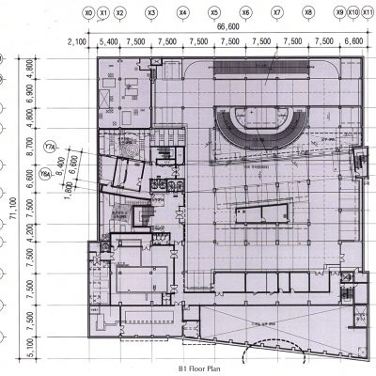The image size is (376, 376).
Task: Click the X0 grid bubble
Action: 88,14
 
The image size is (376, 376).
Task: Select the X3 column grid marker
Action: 151,14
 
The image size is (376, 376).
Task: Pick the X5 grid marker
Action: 214,14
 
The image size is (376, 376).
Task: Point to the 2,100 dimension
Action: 79,42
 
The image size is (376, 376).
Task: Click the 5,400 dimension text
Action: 108,42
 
